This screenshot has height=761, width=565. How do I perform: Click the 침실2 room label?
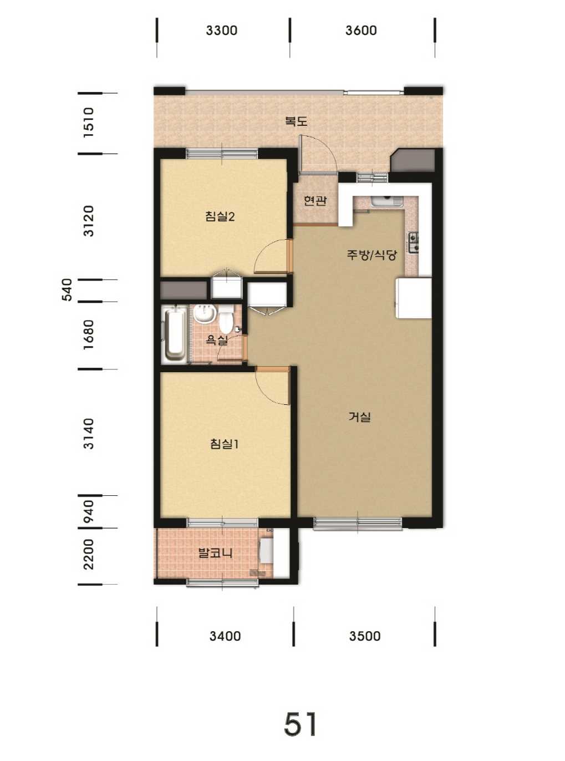(x=220, y=216)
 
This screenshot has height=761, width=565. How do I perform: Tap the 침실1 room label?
(x=224, y=444)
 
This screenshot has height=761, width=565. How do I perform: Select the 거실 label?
(x=359, y=417)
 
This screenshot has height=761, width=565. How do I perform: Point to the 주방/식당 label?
(x=372, y=255)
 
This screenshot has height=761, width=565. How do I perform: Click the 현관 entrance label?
(x=315, y=200)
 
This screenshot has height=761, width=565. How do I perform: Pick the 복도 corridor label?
(x=297, y=121)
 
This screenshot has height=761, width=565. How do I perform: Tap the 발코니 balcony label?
(x=216, y=553)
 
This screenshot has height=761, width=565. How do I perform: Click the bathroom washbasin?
(x=204, y=314)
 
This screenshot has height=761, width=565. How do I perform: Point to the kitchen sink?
(x=388, y=201)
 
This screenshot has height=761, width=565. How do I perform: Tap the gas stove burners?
(x=414, y=242)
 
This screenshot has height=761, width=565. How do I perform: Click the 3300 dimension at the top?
(x=222, y=30)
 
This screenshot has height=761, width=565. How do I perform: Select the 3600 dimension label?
(x=361, y=30)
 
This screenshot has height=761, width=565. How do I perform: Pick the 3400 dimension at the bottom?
(x=225, y=636)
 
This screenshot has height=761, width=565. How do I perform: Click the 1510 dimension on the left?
(x=89, y=123)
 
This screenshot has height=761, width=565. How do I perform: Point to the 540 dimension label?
(x=67, y=290)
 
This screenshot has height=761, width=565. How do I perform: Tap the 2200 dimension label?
(x=89, y=555)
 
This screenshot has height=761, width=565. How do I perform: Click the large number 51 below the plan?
(x=301, y=724)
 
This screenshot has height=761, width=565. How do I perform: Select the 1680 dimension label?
(x=89, y=334)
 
